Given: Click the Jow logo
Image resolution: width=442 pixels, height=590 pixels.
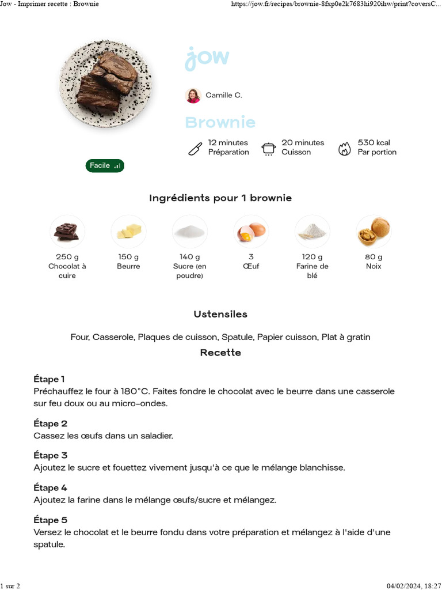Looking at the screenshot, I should click(x=207, y=58).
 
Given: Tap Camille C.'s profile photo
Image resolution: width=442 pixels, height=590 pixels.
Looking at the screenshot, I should click(x=193, y=96).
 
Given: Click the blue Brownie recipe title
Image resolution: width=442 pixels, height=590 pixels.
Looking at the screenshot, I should click(x=220, y=122).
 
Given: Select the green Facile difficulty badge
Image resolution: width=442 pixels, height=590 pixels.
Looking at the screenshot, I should click(x=105, y=166).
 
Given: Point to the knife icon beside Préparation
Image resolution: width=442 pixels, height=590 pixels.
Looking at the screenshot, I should click(x=195, y=149).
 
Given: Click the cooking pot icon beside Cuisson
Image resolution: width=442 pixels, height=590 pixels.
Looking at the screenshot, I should click(x=268, y=149).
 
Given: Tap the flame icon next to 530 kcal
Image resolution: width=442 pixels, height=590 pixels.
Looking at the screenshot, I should click(x=344, y=149).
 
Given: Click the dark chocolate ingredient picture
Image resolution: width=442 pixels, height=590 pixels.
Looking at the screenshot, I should click(x=67, y=232).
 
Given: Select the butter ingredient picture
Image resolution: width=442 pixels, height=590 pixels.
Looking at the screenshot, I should click(x=128, y=232).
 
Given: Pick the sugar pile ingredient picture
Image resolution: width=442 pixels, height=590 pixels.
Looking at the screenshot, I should click(x=190, y=232).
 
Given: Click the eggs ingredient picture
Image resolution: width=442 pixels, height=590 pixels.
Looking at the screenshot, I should click(x=252, y=232).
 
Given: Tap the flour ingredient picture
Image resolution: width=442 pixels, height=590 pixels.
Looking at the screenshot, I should click(x=313, y=232).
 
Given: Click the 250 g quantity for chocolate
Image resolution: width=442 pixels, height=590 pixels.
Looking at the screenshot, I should click(x=67, y=257).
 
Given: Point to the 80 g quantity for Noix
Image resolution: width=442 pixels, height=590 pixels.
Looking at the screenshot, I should click(x=374, y=257).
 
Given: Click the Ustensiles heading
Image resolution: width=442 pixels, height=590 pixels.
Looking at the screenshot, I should click(x=220, y=315).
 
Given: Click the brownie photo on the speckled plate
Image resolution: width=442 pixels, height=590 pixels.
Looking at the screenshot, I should click(x=106, y=83).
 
